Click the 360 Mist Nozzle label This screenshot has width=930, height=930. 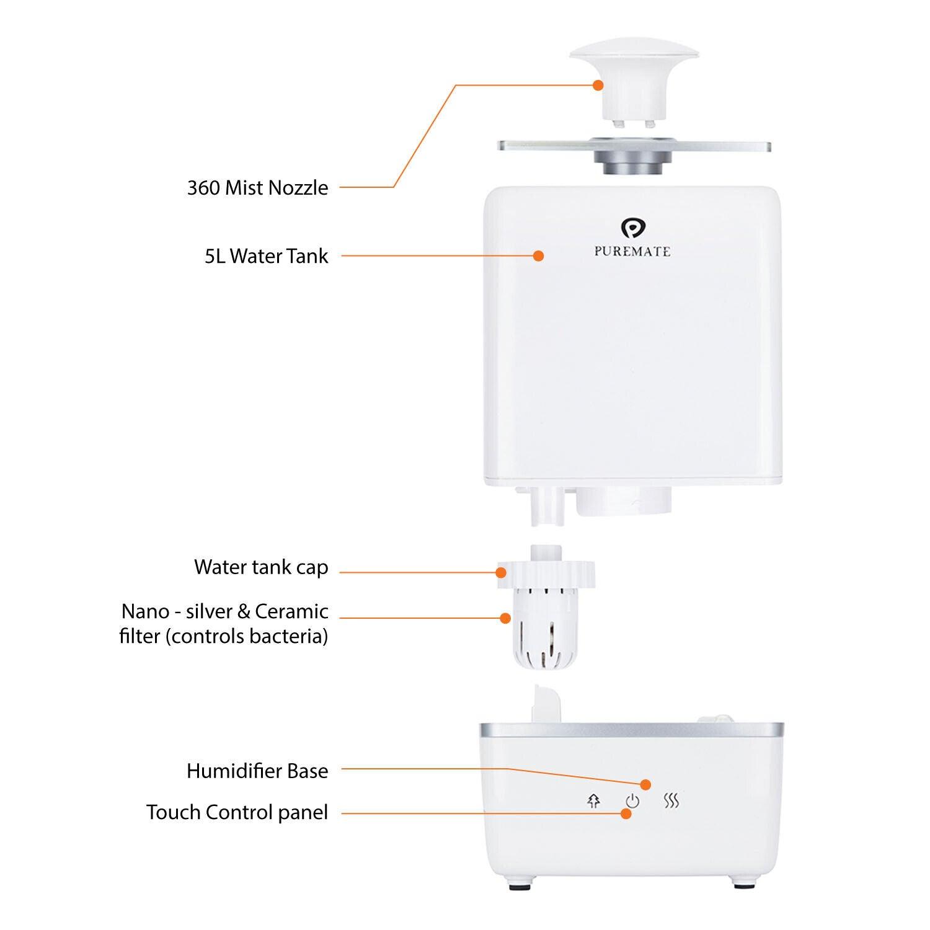pos(258,187)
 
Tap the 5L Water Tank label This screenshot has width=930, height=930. pos(267,255)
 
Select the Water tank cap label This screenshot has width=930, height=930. pos(261,567)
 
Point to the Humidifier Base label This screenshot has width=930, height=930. pos(257,771)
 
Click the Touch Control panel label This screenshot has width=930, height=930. pos(237,812)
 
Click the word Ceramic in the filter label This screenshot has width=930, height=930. pos(291,611)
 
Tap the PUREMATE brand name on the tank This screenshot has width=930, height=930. pos(632,252)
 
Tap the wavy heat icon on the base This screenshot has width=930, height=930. pos(671,801)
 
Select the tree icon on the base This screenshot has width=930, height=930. pos(593,801)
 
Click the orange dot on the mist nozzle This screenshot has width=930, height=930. pos(598,85)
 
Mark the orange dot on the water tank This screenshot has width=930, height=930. pos(538,255)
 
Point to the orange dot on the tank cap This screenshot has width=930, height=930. pos(501,572)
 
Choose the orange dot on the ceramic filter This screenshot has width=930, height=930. pos(505,618)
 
